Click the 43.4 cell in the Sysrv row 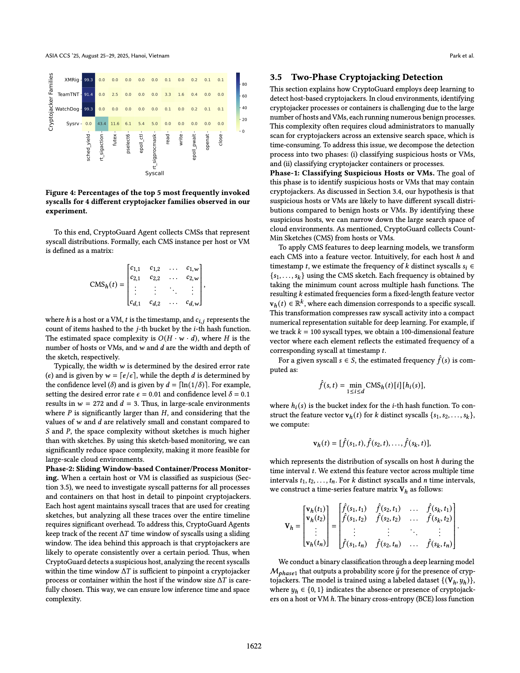click(x=102, y=124)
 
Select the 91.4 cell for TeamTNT click(x=89, y=94)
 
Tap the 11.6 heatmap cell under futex click(x=115, y=124)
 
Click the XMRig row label click(x=72, y=80)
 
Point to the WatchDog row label click(x=67, y=109)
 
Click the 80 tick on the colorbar click(x=244, y=84)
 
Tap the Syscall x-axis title click(x=155, y=173)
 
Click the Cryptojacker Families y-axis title click(x=51, y=102)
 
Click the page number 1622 click(x=254, y=646)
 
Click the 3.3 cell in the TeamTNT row click(x=168, y=94)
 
